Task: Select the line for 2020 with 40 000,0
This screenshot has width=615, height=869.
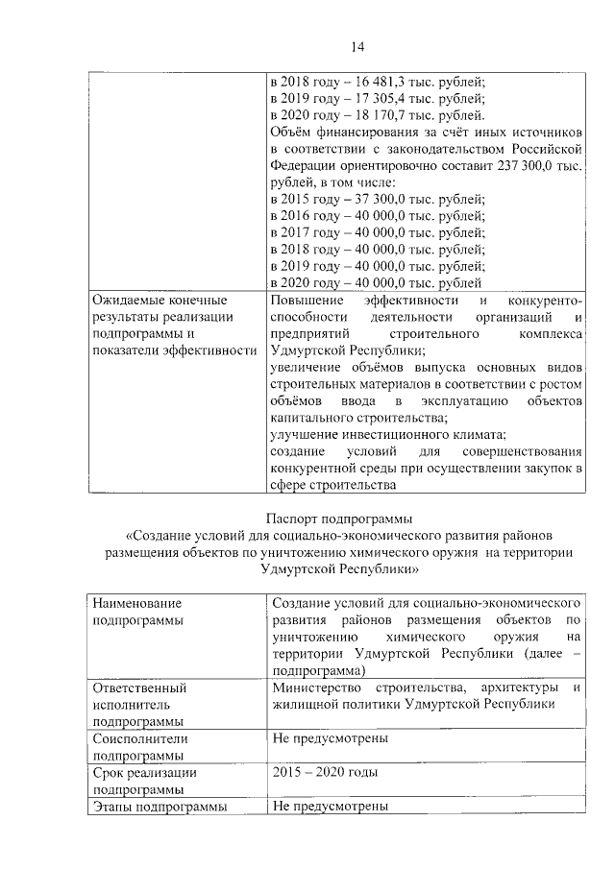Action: click(377, 283)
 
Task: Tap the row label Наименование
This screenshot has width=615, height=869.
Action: click(136, 602)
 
